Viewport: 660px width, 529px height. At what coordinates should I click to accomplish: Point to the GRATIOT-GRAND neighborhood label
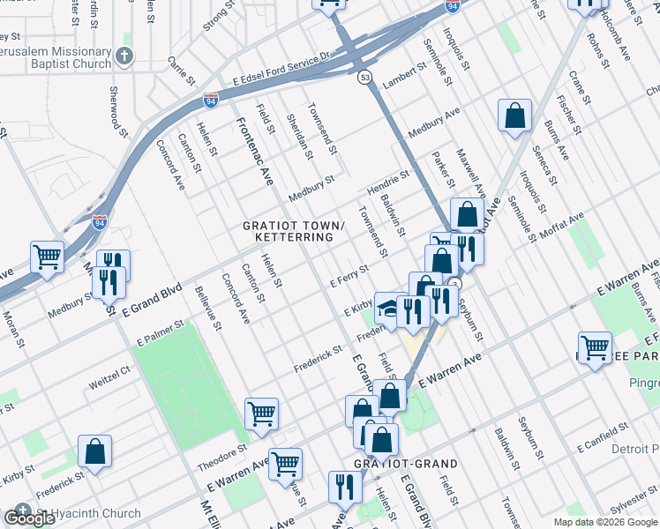[406, 464]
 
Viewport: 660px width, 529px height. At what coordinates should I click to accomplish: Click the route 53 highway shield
[364, 78]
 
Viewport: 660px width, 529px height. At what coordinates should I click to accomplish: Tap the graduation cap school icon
[388, 306]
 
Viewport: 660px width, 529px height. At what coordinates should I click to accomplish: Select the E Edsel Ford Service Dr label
[281, 69]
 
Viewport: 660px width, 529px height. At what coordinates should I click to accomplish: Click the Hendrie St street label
[389, 183]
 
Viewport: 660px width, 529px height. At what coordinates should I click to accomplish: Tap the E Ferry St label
[349, 277]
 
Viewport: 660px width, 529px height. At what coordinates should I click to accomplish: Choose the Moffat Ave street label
[563, 229]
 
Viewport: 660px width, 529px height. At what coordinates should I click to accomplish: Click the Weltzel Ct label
[109, 384]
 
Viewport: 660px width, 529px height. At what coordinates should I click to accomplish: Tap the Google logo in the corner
[29, 518]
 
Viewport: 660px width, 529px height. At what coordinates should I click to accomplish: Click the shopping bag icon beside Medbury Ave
[514, 115]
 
